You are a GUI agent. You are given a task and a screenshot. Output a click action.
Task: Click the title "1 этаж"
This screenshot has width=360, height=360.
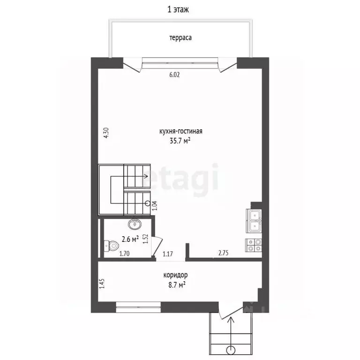tap(178, 10)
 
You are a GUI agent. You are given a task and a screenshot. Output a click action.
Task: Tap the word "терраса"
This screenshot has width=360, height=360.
tap(180, 37)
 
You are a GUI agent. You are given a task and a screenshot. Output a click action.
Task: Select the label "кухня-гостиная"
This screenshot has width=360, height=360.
tap(180, 131)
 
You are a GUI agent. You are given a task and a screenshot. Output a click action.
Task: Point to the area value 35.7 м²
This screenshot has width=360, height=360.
tap(180, 141)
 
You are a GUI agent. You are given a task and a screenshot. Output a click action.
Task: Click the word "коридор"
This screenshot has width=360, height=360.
tap(175, 275)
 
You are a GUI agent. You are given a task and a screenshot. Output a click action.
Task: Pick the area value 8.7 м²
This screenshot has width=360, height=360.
tap(177, 285)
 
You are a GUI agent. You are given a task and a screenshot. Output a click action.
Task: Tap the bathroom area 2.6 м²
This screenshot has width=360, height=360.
tap(130, 240)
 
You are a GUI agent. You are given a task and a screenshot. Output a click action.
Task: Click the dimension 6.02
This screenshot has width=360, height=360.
tap(174, 75)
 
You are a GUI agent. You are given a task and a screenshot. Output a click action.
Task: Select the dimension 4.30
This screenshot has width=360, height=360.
tap(106, 133)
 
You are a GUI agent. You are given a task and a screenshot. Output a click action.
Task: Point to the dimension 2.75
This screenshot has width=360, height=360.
tap(224, 253)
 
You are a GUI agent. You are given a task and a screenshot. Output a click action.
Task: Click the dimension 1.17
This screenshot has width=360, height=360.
tap(168, 254)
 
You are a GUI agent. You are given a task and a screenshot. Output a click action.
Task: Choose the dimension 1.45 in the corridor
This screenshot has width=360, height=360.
tap(102, 283)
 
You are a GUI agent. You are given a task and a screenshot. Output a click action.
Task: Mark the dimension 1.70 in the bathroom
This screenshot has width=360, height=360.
tap(124, 254)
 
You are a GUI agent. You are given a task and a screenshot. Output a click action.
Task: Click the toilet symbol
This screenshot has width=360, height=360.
tap(111, 246)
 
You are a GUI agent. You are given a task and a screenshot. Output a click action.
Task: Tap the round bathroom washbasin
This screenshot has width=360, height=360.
tap(135, 224)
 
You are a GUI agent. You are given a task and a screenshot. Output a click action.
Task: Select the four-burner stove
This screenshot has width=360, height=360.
tap(254, 245)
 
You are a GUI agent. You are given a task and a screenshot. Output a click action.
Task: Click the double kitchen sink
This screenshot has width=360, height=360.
tap(254, 221)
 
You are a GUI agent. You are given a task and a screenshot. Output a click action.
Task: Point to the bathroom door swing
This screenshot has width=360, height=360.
tap(157, 247)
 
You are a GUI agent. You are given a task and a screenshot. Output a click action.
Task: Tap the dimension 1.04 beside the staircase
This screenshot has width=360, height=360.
tap(155, 206)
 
